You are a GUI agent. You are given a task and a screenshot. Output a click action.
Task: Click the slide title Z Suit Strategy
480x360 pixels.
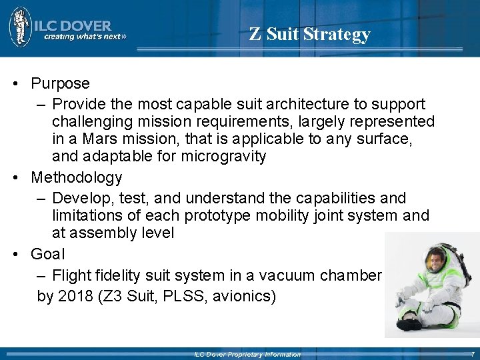310,34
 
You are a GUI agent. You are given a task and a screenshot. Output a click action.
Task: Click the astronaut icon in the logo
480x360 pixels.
20,27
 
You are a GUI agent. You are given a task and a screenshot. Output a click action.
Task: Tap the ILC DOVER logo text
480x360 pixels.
77,25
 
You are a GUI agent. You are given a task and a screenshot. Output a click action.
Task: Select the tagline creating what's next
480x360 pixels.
84,37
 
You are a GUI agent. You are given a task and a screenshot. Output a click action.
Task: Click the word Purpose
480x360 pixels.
60,84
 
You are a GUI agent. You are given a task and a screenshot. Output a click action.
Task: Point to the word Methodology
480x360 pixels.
77,178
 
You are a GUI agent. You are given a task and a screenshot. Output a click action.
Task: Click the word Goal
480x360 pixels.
48,254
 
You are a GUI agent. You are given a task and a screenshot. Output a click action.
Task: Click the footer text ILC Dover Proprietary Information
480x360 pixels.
247,355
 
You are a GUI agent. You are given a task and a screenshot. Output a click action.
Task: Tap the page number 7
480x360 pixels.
473,354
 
